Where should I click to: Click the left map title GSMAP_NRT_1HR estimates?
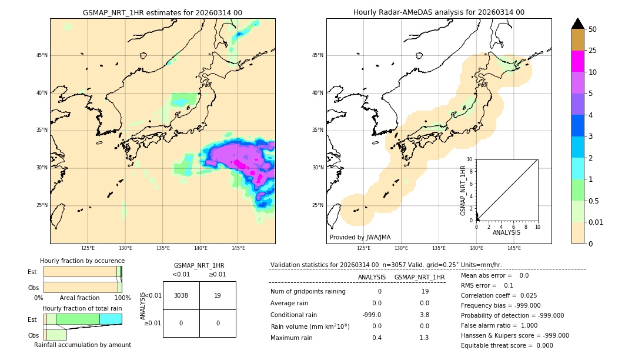pos(162,12)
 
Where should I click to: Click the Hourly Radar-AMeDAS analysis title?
pos(439,12)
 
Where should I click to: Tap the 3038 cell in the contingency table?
pos(181,296)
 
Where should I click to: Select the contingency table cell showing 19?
pos(218,296)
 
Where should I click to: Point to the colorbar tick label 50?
pos(593,29)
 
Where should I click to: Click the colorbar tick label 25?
pos(593,51)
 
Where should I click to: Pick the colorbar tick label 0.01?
pos(596,222)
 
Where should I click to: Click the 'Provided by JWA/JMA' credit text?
pos(360,238)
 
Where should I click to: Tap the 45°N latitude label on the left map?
pos(42,55)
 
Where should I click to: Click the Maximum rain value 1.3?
pos(424,338)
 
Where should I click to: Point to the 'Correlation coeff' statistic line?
pos(499,296)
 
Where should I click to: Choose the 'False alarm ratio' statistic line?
pos(499,325)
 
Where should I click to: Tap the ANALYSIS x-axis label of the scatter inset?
pos(506,233)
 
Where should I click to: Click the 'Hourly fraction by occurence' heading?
pos(82,261)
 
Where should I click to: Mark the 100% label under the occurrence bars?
pos(122,298)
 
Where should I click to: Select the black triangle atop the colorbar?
pos(578,24)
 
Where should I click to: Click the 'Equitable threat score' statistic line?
pos(507,345)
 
